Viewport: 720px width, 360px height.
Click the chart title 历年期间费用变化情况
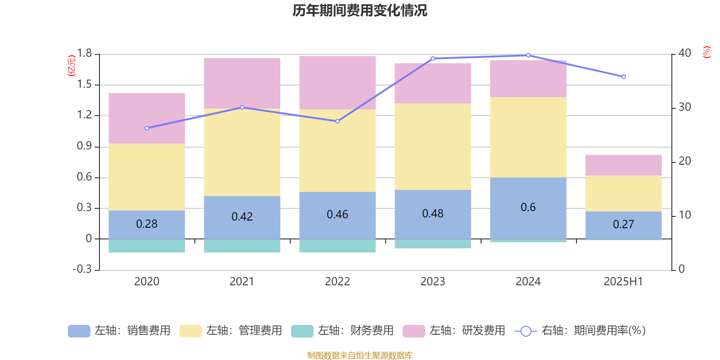coord(360,10)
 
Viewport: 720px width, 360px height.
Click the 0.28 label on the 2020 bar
coord(147,224)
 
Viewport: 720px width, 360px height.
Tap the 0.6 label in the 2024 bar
coord(528,207)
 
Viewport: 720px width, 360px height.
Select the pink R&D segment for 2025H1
coord(623,165)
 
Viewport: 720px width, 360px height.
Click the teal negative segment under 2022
coord(337,246)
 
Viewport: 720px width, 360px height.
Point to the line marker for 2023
coord(433,58)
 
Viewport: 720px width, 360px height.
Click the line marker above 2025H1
coord(624,77)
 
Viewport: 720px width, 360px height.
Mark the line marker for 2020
coord(147,128)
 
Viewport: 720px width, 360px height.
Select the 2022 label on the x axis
coord(337,282)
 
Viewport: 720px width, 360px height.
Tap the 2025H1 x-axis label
coord(623,282)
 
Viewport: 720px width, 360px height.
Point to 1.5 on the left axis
coord(84,85)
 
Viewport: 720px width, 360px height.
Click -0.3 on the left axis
coord(82,269)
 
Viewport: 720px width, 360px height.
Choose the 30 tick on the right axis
coord(684,107)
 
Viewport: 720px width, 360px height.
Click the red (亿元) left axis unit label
coord(71,66)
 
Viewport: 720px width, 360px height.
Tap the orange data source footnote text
coord(360,355)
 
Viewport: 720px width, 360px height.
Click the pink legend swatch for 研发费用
coord(414,331)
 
